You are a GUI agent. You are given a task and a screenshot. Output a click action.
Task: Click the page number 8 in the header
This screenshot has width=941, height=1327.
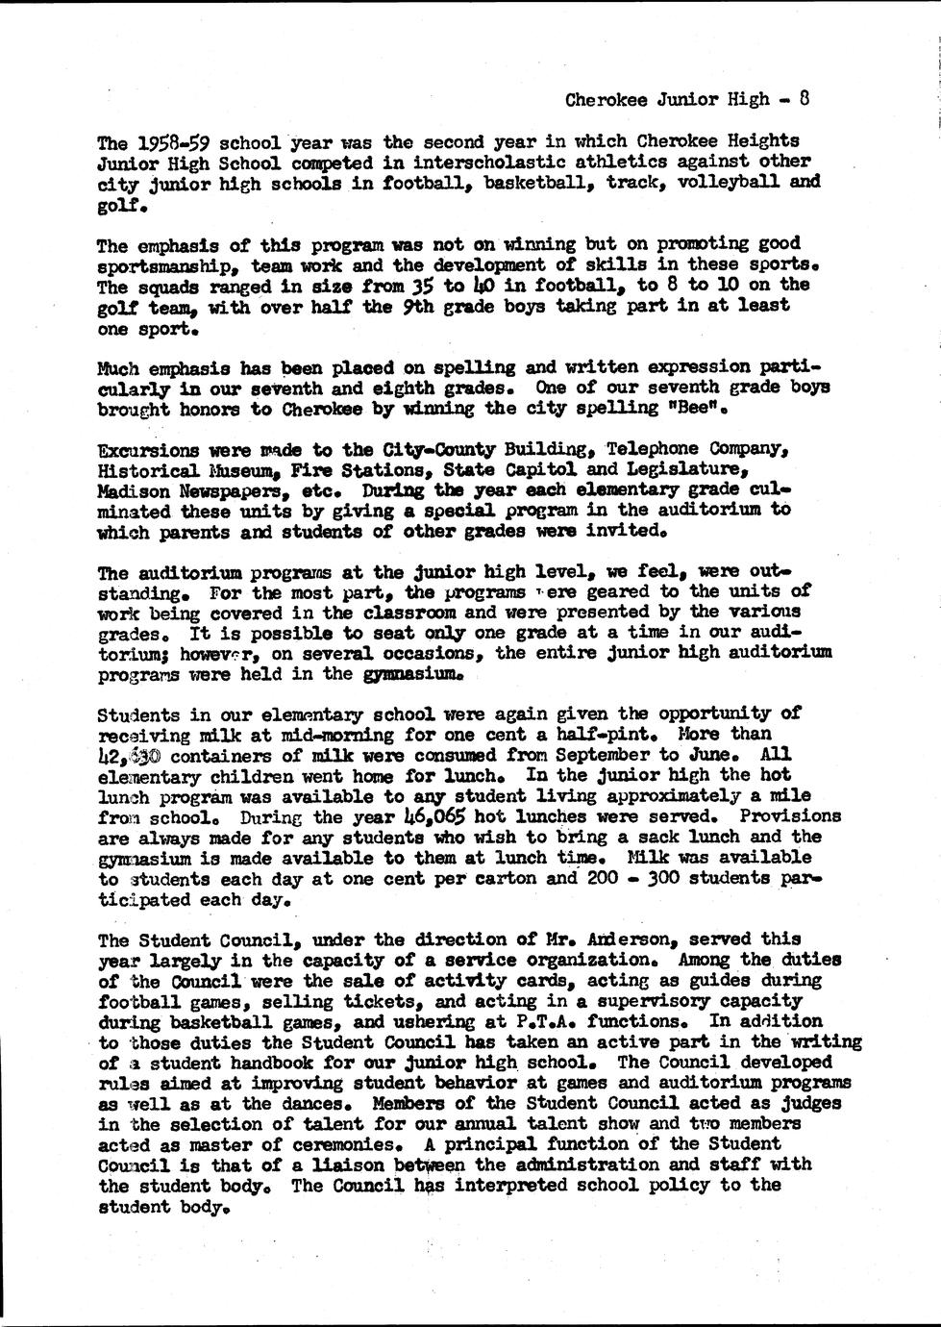coord(805,98)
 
